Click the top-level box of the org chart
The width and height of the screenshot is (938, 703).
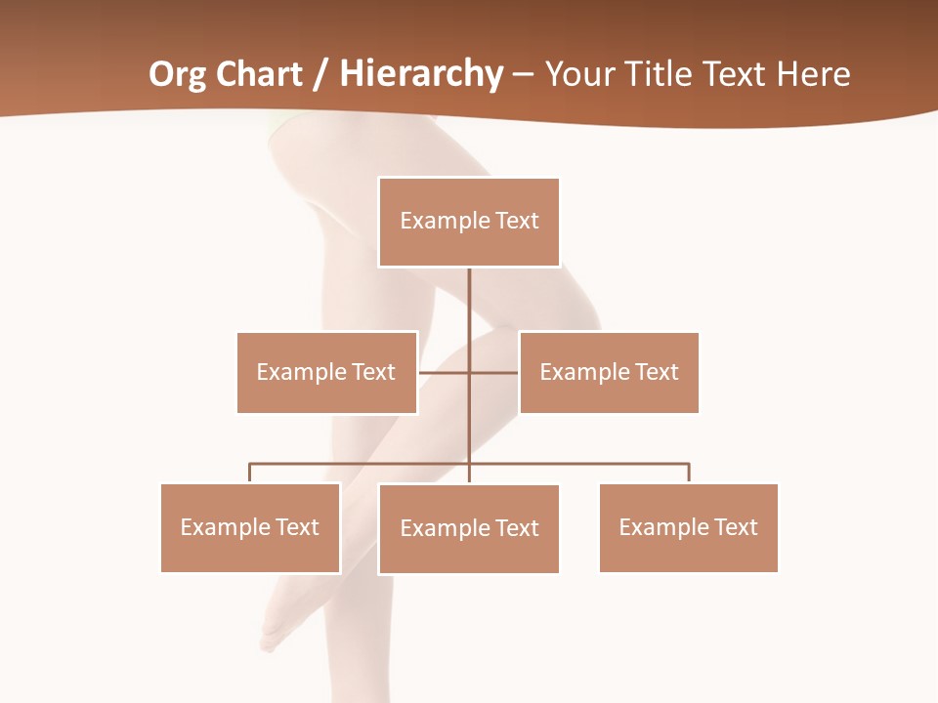469,222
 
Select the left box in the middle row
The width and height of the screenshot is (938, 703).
326,372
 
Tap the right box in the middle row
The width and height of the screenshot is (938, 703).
609,372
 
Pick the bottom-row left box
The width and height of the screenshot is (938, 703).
250,527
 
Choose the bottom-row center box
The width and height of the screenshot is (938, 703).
469,528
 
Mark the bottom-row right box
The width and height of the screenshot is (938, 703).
688,527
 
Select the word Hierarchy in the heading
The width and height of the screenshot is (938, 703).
421,74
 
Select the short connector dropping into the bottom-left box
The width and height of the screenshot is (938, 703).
250,473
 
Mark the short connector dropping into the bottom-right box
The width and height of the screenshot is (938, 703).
689,473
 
